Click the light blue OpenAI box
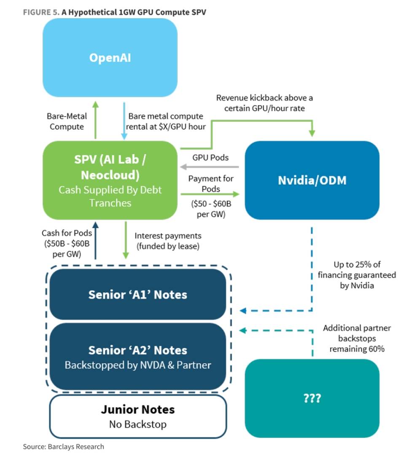point(110,57)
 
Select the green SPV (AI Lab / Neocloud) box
point(110,180)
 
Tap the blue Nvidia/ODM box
point(312,180)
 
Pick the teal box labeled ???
point(312,398)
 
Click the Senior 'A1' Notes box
point(137,294)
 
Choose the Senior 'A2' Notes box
point(137,356)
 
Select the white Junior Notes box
point(137,416)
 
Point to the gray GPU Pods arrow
point(210,167)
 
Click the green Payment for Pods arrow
point(210,194)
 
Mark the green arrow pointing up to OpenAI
point(96,120)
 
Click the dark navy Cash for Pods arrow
point(96,240)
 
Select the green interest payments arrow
point(126,240)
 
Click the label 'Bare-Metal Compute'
point(67,121)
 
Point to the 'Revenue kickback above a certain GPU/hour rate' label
point(264,103)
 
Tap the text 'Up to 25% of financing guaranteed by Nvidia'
point(357,275)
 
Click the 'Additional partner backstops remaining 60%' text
point(357,338)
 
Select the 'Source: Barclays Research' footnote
point(63,446)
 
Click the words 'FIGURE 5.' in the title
point(41,12)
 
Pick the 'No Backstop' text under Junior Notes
point(137,424)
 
